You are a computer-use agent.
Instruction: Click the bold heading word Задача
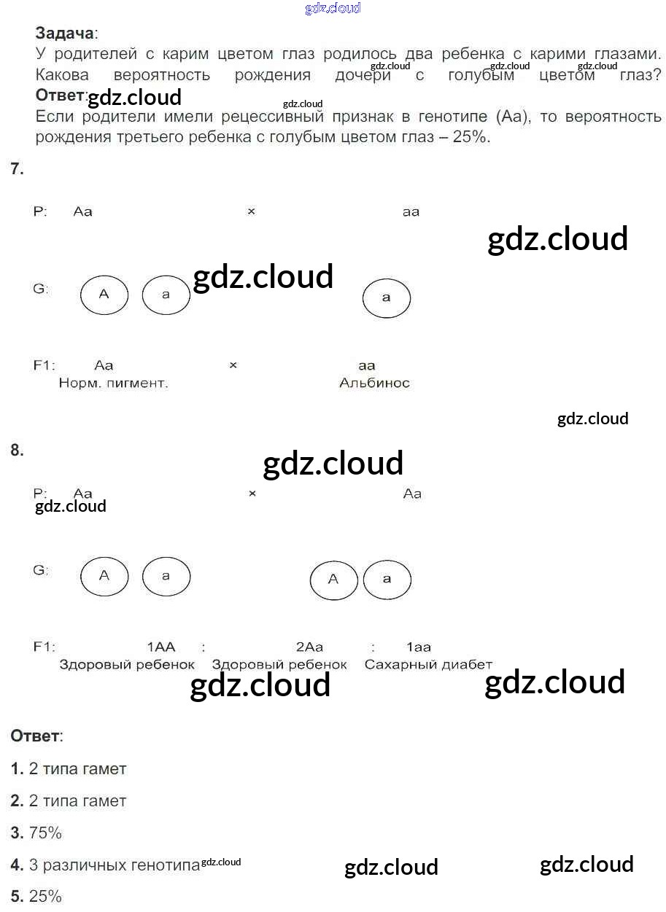point(64,33)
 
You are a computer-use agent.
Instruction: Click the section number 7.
point(17,169)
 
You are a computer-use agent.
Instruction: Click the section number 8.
point(17,451)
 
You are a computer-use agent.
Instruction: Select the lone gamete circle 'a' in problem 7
point(387,297)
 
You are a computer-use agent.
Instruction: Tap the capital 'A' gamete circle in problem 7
point(104,295)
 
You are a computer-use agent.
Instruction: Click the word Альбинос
point(374,383)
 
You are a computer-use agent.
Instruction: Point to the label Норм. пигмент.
point(113,383)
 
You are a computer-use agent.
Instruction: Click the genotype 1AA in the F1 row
point(161,647)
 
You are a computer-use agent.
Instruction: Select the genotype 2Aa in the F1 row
point(309,647)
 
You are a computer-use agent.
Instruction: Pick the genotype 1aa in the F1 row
point(419,647)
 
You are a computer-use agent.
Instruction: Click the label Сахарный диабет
point(428,665)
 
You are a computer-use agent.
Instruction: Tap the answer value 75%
point(45,833)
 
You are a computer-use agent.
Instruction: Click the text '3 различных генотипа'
point(114,865)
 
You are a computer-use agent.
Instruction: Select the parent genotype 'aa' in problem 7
point(411,212)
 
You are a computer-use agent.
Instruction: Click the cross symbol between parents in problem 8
point(252,494)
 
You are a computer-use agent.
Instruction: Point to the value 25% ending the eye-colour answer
point(471,137)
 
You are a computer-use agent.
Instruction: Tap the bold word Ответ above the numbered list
point(35,736)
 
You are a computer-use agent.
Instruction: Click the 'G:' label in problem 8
point(41,570)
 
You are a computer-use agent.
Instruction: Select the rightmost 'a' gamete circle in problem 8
point(387,579)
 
